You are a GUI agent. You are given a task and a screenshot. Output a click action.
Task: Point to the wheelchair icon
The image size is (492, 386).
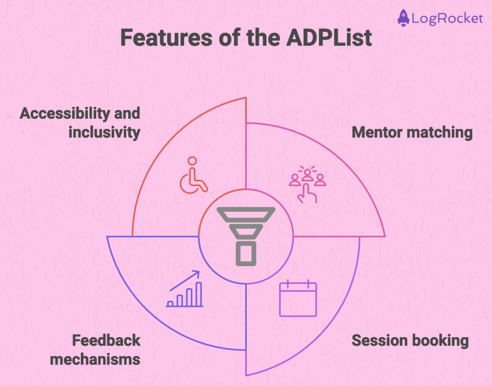click(x=193, y=175)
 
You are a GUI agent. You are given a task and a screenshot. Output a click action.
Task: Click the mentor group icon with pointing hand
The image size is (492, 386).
click(x=308, y=184)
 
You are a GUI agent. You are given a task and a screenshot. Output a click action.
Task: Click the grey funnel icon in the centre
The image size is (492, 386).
click(x=246, y=235)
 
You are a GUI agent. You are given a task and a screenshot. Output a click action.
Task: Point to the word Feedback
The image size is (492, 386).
click(x=106, y=340)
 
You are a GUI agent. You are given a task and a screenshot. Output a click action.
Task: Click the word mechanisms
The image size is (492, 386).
click(x=95, y=359)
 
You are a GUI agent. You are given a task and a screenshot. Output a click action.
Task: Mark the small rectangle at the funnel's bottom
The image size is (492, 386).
click(x=246, y=253)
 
